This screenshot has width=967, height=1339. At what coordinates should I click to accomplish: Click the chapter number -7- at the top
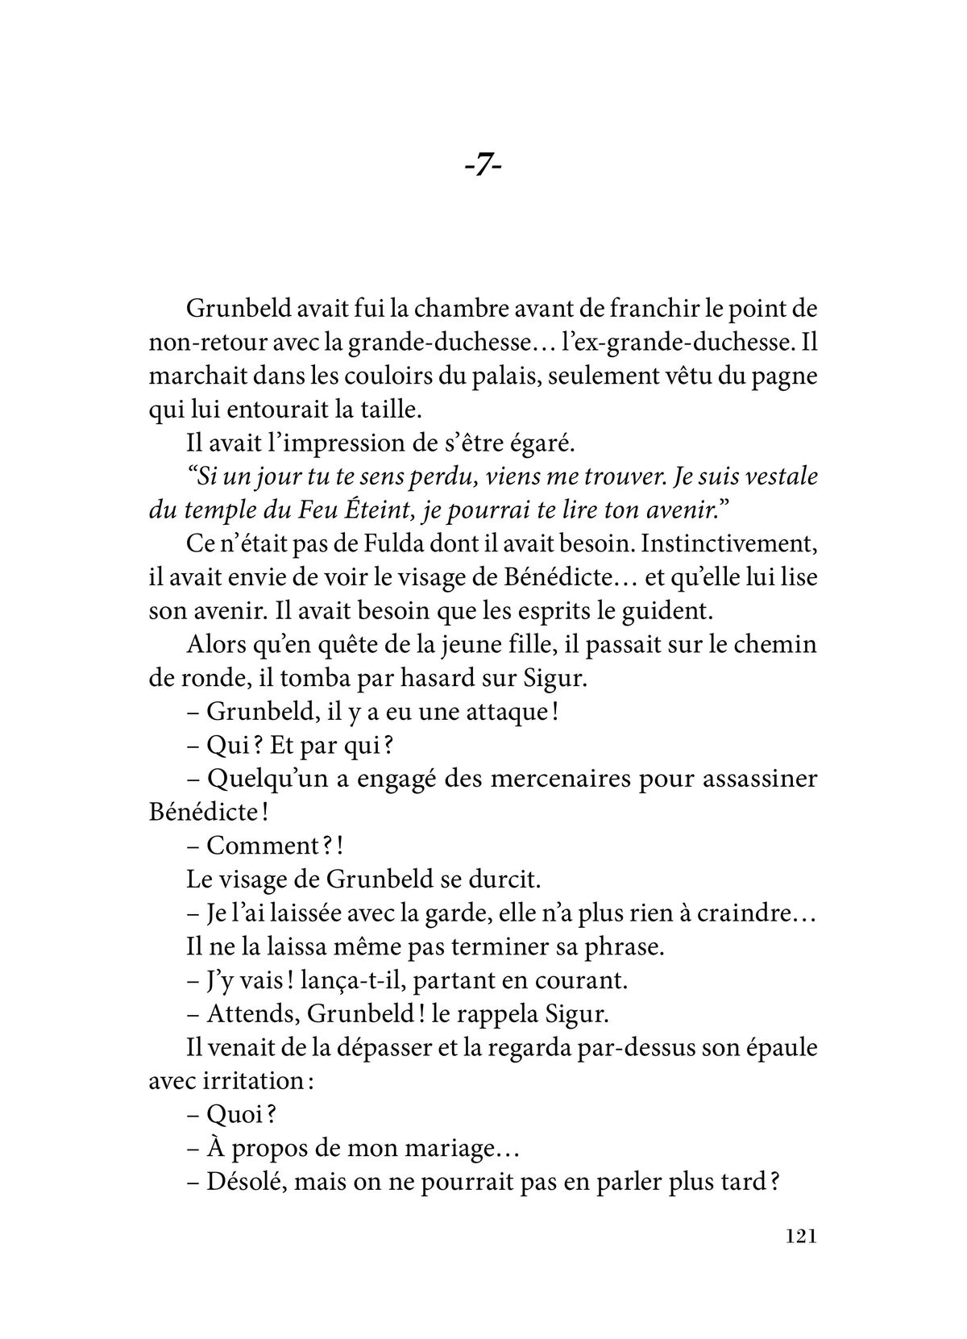[483, 167]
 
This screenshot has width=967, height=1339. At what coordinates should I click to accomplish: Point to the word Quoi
[234, 1116]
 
